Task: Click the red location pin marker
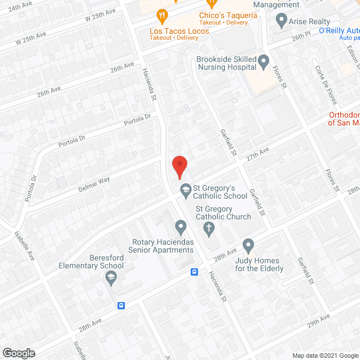tap(179, 166)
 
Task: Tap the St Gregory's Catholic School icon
tap(185, 191)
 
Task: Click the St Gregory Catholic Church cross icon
tap(209, 228)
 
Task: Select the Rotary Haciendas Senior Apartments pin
tap(181, 228)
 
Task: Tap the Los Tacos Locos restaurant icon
tap(163, 16)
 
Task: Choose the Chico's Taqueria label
tap(228, 15)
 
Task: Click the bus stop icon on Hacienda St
tap(194, 272)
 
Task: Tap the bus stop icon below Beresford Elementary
tap(121, 306)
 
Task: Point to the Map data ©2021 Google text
tap(325, 355)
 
